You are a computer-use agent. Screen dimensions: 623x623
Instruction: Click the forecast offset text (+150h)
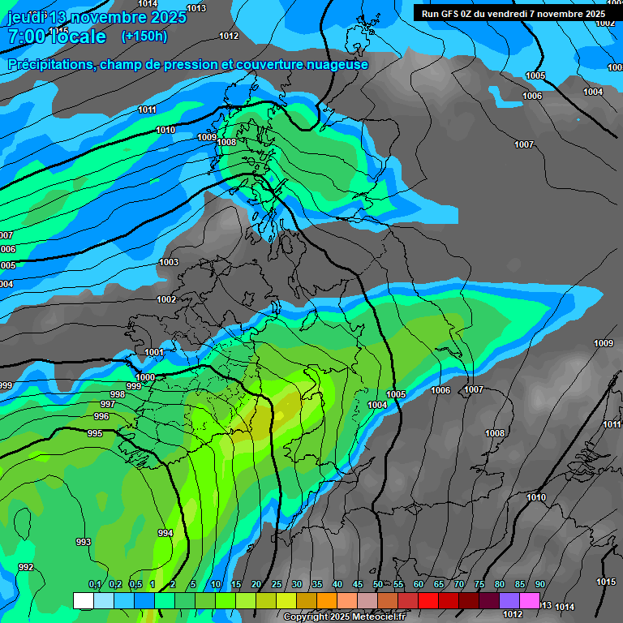point(144,36)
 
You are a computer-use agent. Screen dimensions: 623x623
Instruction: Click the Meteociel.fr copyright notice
point(345,617)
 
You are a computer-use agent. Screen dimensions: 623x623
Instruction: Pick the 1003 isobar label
point(169,262)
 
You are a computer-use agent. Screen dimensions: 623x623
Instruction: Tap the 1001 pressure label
point(154,352)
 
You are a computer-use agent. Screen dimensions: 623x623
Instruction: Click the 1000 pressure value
point(145,377)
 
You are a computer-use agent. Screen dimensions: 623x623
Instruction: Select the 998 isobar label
point(118,394)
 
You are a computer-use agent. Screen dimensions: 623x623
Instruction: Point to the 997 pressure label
point(107,404)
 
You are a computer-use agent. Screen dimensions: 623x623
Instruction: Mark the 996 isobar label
point(101,416)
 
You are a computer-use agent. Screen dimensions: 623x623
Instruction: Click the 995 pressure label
point(95,434)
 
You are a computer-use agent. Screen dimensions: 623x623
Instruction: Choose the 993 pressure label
point(84,542)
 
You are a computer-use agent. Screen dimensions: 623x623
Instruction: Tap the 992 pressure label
point(26,567)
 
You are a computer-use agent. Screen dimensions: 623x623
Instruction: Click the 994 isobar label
point(165,533)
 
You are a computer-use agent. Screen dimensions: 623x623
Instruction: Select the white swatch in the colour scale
point(83,600)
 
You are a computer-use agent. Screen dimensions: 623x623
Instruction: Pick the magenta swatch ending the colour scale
point(530,600)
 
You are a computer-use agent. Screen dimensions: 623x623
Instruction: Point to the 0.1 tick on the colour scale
point(95,585)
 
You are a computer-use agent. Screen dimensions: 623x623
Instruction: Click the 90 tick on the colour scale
point(539,585)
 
